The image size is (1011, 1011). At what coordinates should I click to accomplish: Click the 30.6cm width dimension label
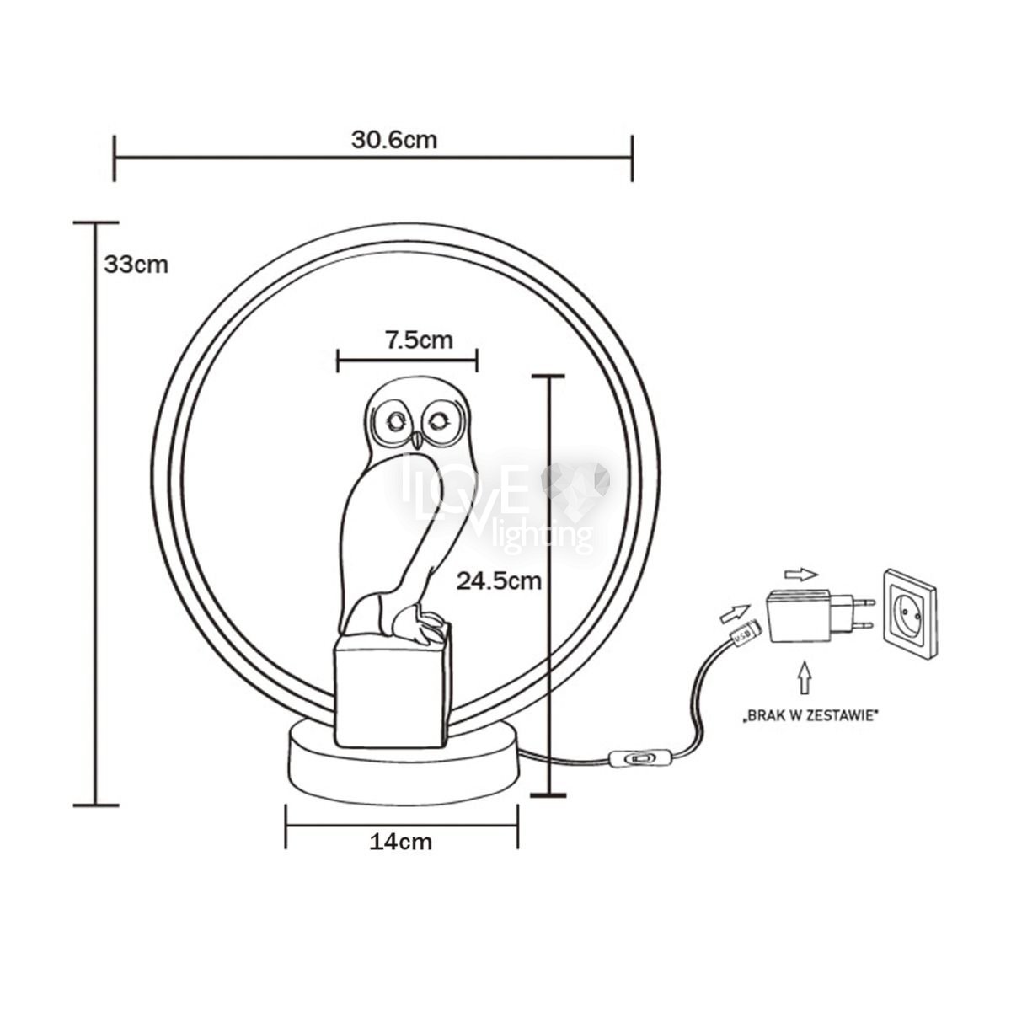[x=394, y=140]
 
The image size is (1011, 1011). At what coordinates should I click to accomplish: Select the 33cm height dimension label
[x=136, y=265]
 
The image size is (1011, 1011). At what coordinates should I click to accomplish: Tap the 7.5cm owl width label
[x=420, y=340]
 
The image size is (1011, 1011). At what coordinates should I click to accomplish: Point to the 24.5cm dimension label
[x=499, y=580]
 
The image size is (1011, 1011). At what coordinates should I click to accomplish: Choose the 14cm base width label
[x=401, y=842]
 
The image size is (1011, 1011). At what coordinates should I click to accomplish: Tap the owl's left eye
[x=396, y=420]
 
